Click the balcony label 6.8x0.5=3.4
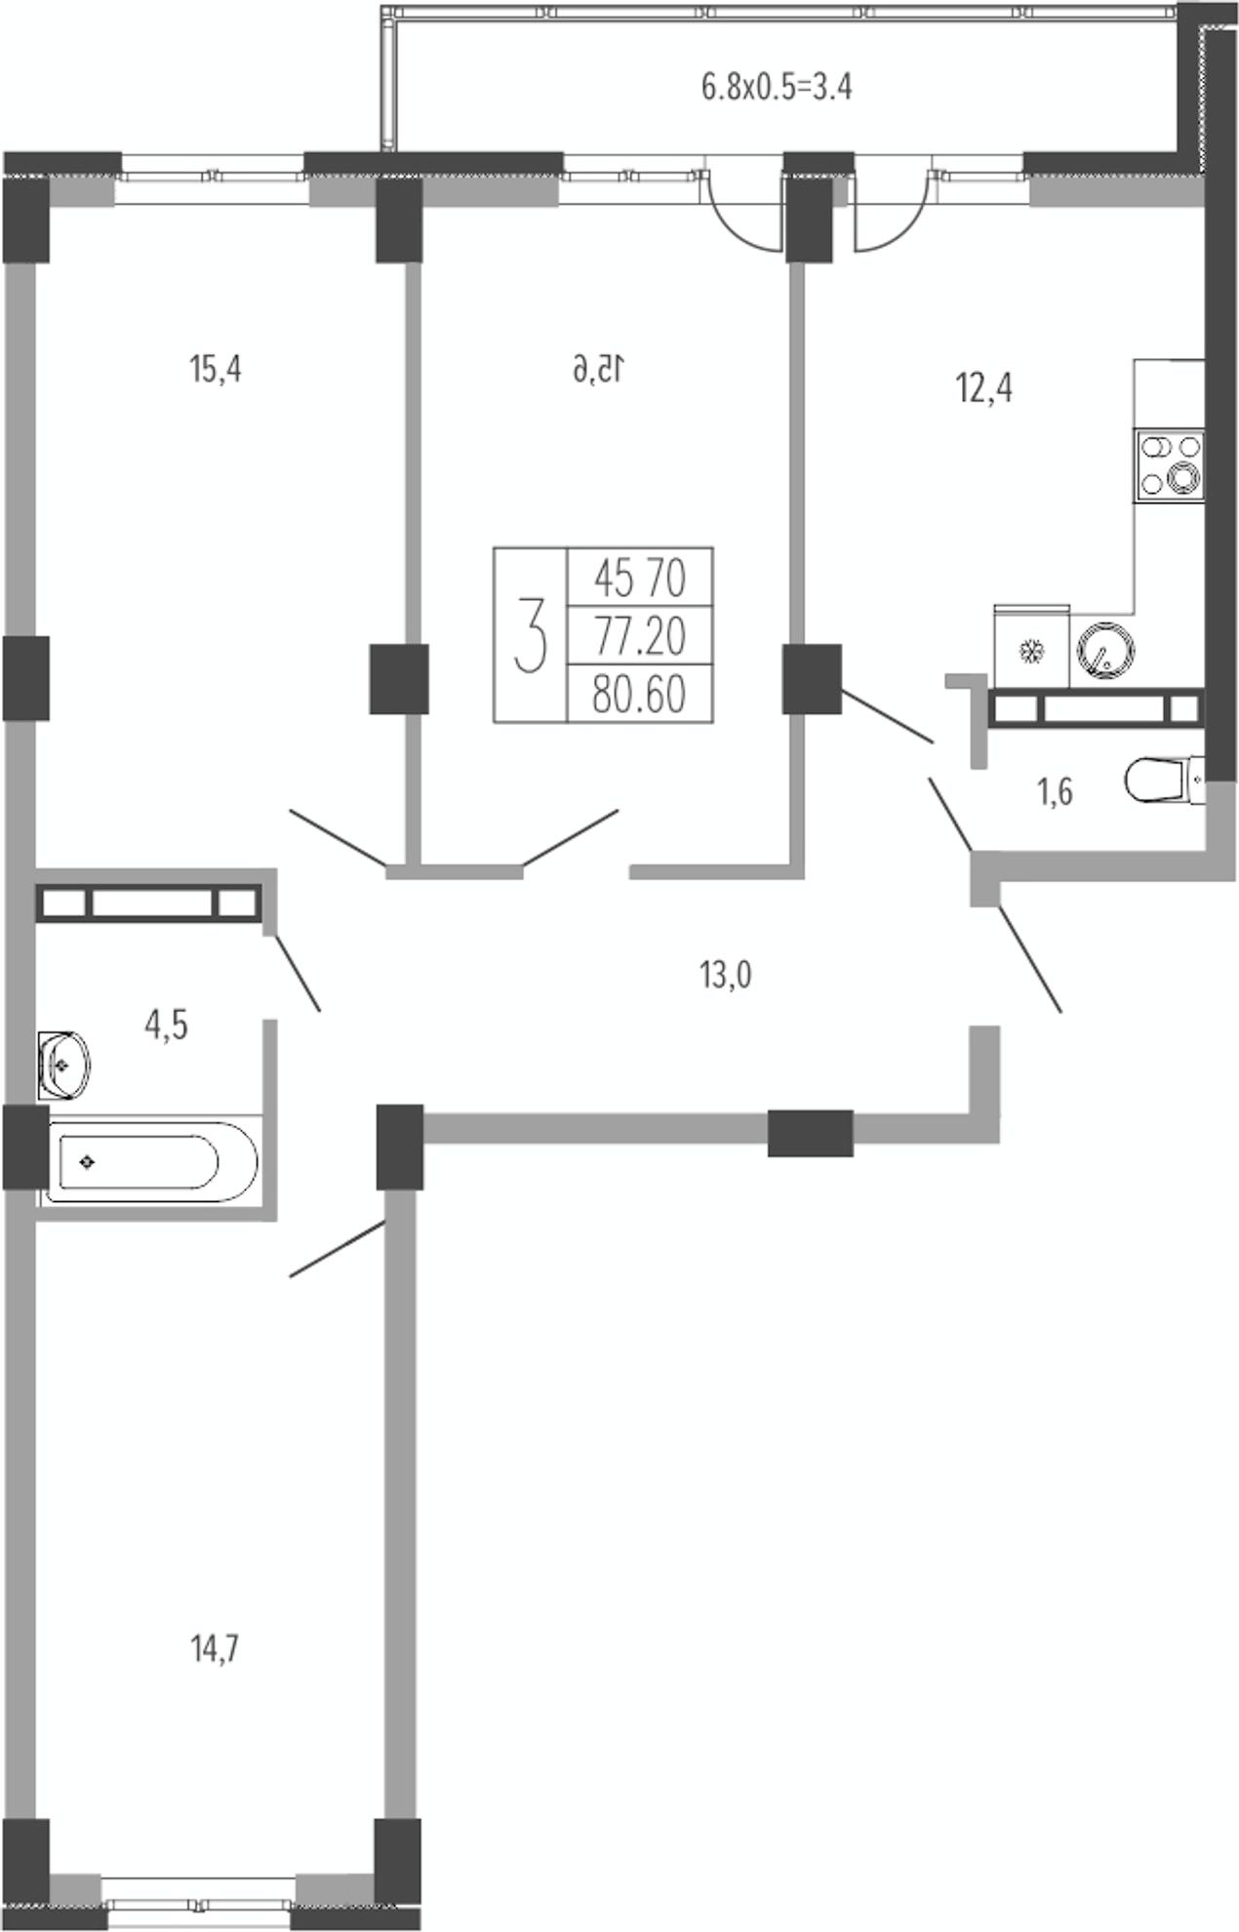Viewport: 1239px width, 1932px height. (778, 88)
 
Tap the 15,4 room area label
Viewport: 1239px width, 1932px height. (215, 371)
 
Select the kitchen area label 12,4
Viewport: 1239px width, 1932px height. (984, 390)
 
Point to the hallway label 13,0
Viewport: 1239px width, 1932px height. (725, 975)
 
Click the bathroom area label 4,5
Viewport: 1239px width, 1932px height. (166, 1026)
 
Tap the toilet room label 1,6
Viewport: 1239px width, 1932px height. (1055, 793)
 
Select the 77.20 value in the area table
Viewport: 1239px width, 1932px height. (640, 637)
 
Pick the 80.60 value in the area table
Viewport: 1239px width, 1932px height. (640, 695)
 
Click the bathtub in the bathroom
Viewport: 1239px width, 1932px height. (149, 1161)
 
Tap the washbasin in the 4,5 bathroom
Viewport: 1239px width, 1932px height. (64, 1063)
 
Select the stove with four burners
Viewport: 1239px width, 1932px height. (1171, 466)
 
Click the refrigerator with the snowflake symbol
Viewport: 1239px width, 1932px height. (1030, 647)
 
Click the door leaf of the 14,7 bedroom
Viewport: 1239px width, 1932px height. (339, 1248)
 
